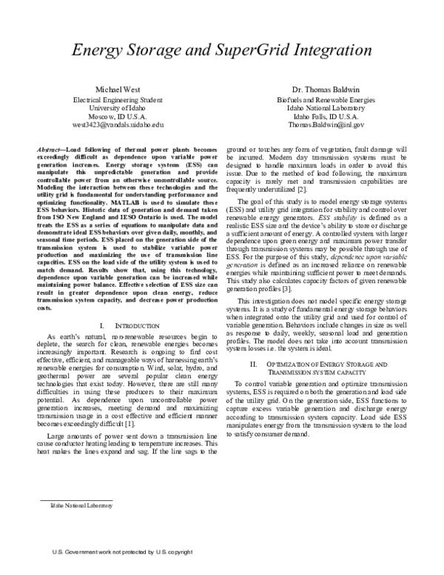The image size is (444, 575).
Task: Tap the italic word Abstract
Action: click(x=49, y=150)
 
